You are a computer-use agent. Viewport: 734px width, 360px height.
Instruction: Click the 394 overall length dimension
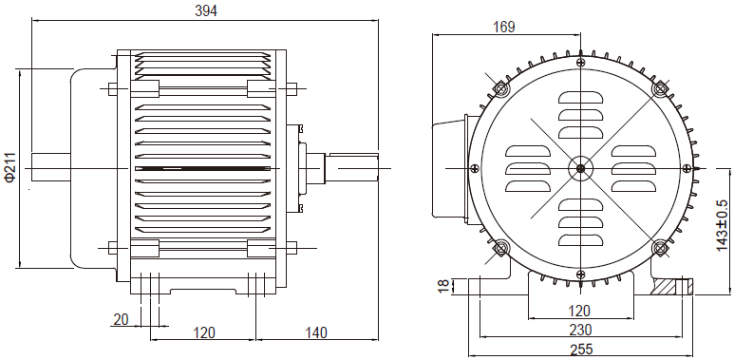(x=206, y=10)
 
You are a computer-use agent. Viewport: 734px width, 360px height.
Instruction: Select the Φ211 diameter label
(x=10, y=166)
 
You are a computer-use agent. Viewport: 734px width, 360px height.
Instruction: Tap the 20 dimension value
(x=122, y=320)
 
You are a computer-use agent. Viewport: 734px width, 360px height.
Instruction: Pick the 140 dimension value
(x=316, y=332)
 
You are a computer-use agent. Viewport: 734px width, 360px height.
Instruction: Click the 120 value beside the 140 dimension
(x=204, y=332)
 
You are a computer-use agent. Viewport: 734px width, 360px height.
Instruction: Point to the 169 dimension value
(x=503, y=28)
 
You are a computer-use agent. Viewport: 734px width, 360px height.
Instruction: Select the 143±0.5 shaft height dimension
(x=723, y=225)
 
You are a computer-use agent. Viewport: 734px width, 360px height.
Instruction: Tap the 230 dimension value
(x=580, y=330)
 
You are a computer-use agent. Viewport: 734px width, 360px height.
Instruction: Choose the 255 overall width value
(x=581, y=350)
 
